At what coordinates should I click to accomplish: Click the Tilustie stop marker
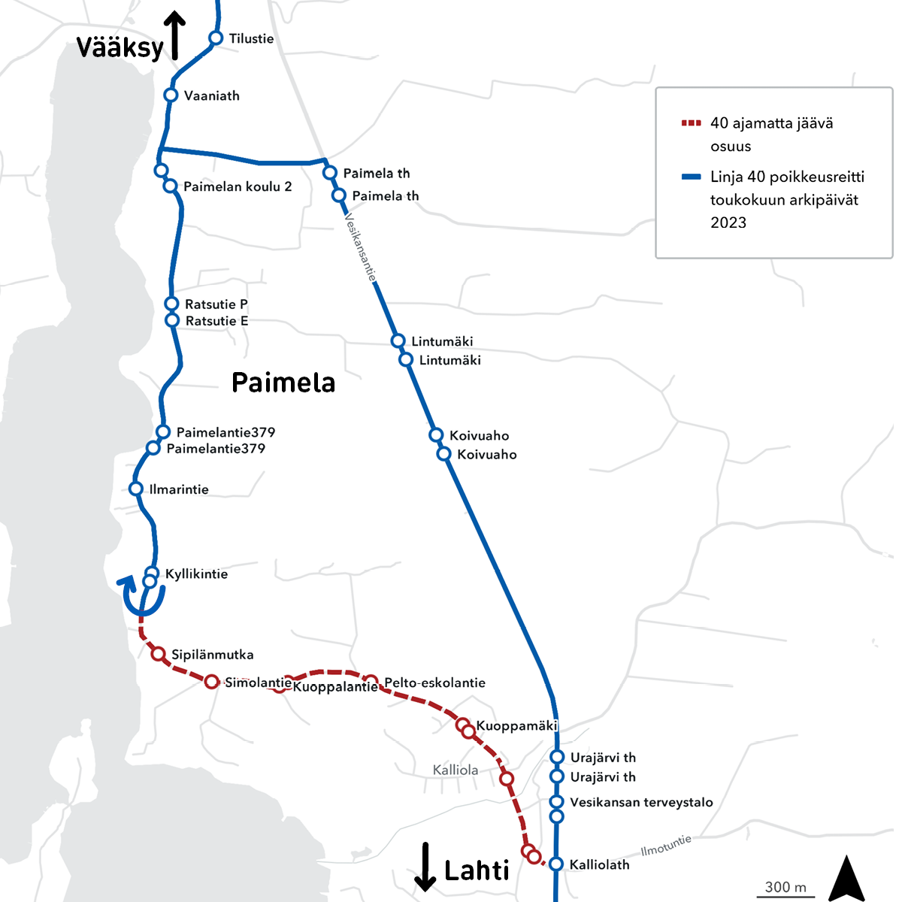coord(216,38)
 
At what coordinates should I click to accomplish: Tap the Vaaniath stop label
coord(211,96)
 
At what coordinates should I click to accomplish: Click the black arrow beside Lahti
coord(425,867)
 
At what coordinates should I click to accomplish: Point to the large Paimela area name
coord(283,383)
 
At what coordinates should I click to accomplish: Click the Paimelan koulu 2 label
coord(238,186)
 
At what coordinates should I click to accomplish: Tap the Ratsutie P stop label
coord(216,304)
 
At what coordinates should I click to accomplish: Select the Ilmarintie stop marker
coord(136,489)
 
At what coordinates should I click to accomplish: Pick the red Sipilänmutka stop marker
coord(159,654)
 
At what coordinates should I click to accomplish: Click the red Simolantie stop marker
coord(212,682)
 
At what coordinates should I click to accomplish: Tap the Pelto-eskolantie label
coord(434,683)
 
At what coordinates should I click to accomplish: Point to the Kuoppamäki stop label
coord(516,726)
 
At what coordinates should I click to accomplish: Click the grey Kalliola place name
coord(456,770)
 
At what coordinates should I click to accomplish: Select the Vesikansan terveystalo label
coord(641,802)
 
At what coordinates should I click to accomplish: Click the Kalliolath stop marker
coord(556,864)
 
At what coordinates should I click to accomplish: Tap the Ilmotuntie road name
coord(666,846)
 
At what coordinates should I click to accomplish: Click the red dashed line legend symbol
coord(691,123)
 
